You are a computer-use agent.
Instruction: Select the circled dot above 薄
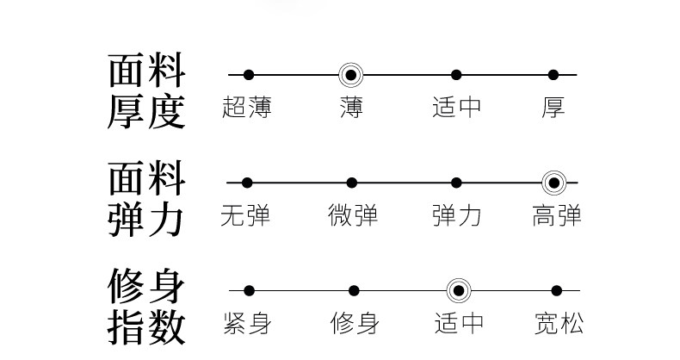click(350, 75)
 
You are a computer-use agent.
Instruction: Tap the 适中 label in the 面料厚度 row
click(456, 108)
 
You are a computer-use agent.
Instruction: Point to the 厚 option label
click(553, 108)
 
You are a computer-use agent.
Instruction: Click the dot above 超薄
click(248, 75)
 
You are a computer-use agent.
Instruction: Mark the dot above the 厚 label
click(553, 75)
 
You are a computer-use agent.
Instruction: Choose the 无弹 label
click(246, 215)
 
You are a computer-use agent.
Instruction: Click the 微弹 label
click(352, 215)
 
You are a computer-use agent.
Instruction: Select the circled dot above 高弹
click(553, 183)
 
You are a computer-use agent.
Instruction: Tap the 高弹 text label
click(556, 215)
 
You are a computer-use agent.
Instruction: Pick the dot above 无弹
click(247, 183)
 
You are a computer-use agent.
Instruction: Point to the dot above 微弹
click(352, 183)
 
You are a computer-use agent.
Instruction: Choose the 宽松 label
click(558, 324)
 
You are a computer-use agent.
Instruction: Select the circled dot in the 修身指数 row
click(458, 291)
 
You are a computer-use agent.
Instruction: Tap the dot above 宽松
click(556, 291)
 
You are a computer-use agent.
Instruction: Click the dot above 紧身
click(249, 291)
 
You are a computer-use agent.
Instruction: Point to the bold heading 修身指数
click(146, 306)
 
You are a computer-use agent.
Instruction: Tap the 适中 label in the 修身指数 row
click(458, 324)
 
